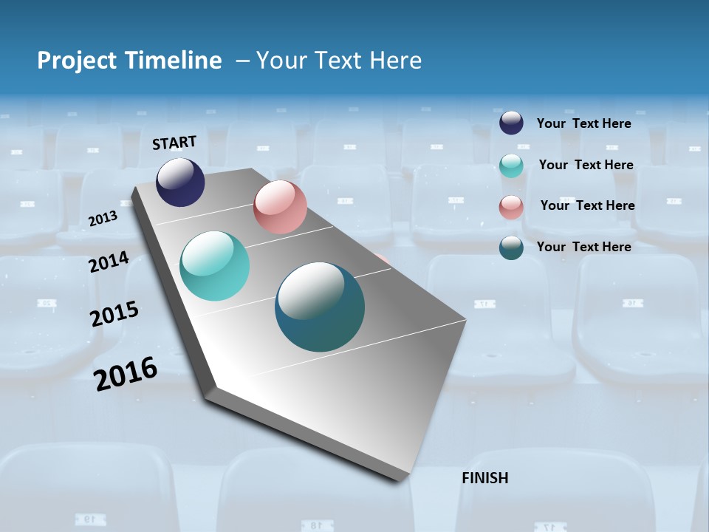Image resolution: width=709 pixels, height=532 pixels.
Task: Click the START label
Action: (x=174, y=143)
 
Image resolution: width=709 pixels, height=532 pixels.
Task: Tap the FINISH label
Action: (x=485, y=478)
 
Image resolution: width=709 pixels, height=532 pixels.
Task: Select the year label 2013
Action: (x=103, y=219)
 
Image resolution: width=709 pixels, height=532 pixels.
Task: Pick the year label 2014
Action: (x=109, y=262)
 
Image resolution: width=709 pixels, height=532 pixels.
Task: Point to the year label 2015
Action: (x=114, y=314)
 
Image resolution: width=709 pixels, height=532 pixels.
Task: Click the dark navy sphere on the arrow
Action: (x=180, y=182)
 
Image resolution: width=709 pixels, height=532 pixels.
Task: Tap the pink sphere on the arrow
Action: (x=280, y=207)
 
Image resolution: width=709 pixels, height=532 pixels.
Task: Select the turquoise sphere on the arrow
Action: (x=215, y=266)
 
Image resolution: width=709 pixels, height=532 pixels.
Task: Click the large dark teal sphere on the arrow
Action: (x=320, y=307)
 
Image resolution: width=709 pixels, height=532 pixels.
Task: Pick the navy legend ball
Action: (x=511, y=123)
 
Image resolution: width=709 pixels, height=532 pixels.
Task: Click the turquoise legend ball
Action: (x=511, y=166)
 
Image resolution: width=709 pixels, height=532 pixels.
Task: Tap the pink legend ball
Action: (x=511, y=207)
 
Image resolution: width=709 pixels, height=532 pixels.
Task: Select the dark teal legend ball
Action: (x=511, y=248)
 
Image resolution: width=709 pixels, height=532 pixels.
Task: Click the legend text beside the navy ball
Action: (x=583, y=123)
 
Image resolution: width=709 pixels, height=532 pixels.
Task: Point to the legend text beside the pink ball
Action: (x=587, y=205)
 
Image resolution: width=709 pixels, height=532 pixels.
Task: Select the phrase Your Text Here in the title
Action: (x=339, y=61)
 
